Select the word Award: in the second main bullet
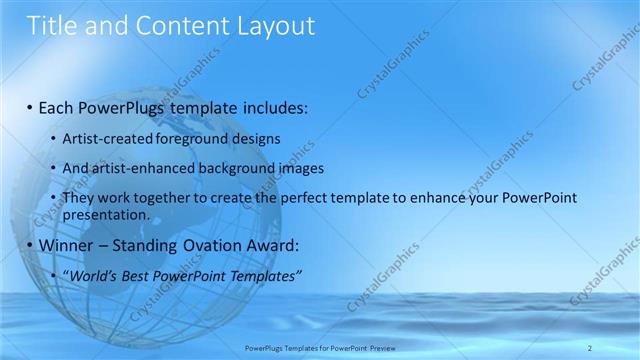click(272, 245)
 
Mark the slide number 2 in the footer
click(591, 347)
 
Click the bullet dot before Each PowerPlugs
click(30, 107)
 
